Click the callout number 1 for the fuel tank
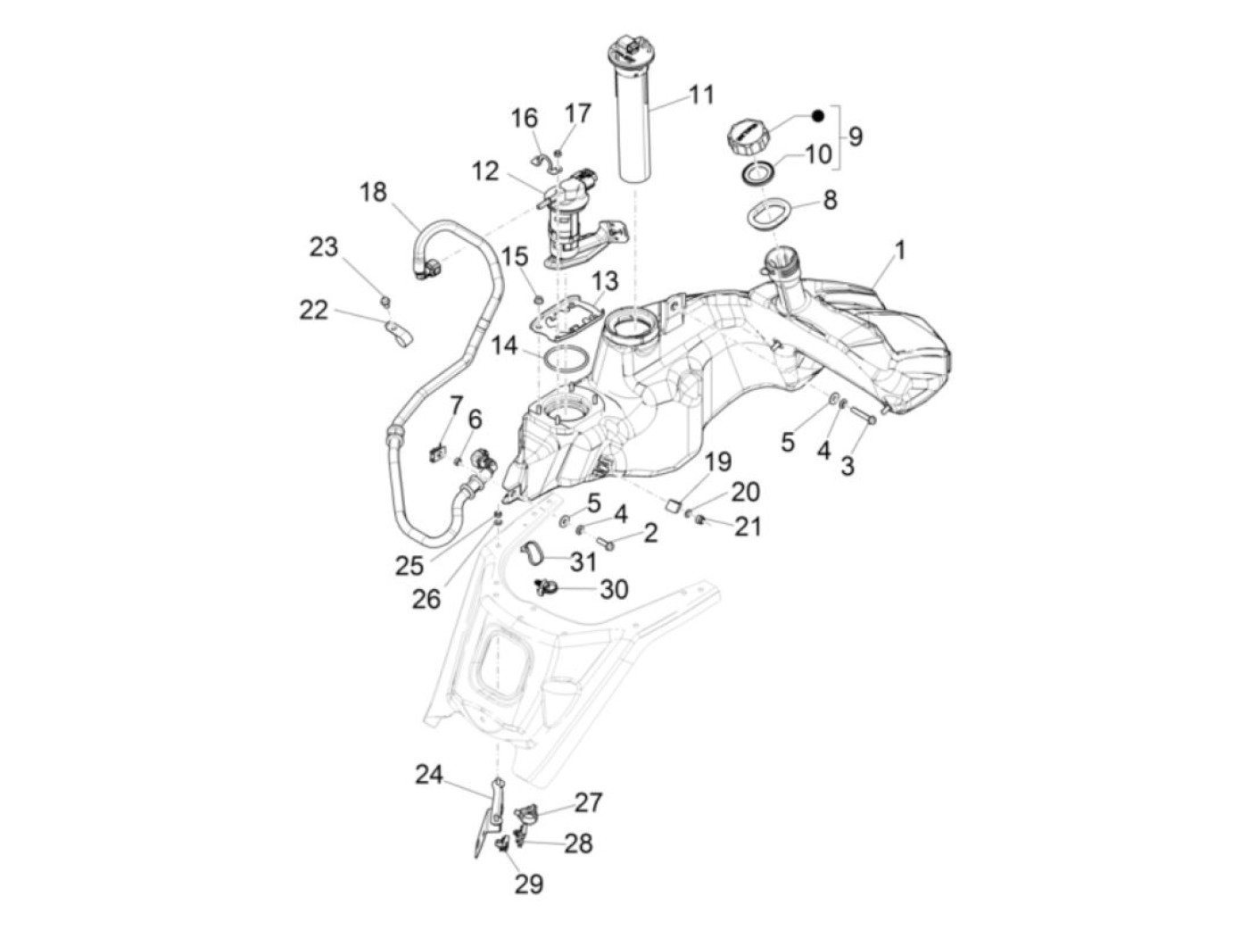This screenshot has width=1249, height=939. point(899,251)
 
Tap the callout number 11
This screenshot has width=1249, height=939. point(701,95)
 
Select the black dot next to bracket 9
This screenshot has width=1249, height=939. point(817,116)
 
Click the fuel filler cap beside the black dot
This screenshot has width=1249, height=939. point(748,137)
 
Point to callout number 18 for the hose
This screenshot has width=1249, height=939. point(374,192)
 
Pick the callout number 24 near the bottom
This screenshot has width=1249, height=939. point(429,774)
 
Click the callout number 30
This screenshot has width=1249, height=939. point(614,589)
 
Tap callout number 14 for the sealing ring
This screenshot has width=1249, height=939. point(505,345)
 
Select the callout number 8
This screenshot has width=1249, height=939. point(830,200)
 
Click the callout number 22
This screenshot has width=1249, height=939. point(313,310)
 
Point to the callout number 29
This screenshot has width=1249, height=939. point(528,884)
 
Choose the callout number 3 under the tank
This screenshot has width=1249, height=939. point(847,465)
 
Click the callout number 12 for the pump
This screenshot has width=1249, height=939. point(485,170)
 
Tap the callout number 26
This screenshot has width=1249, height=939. point(426,598)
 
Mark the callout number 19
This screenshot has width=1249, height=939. point(718,461)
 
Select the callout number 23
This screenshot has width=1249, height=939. point(324,246)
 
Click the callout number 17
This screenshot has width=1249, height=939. point(578,113)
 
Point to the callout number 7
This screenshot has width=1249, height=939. point(456,406)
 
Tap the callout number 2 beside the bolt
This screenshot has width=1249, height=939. point(650,534)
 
